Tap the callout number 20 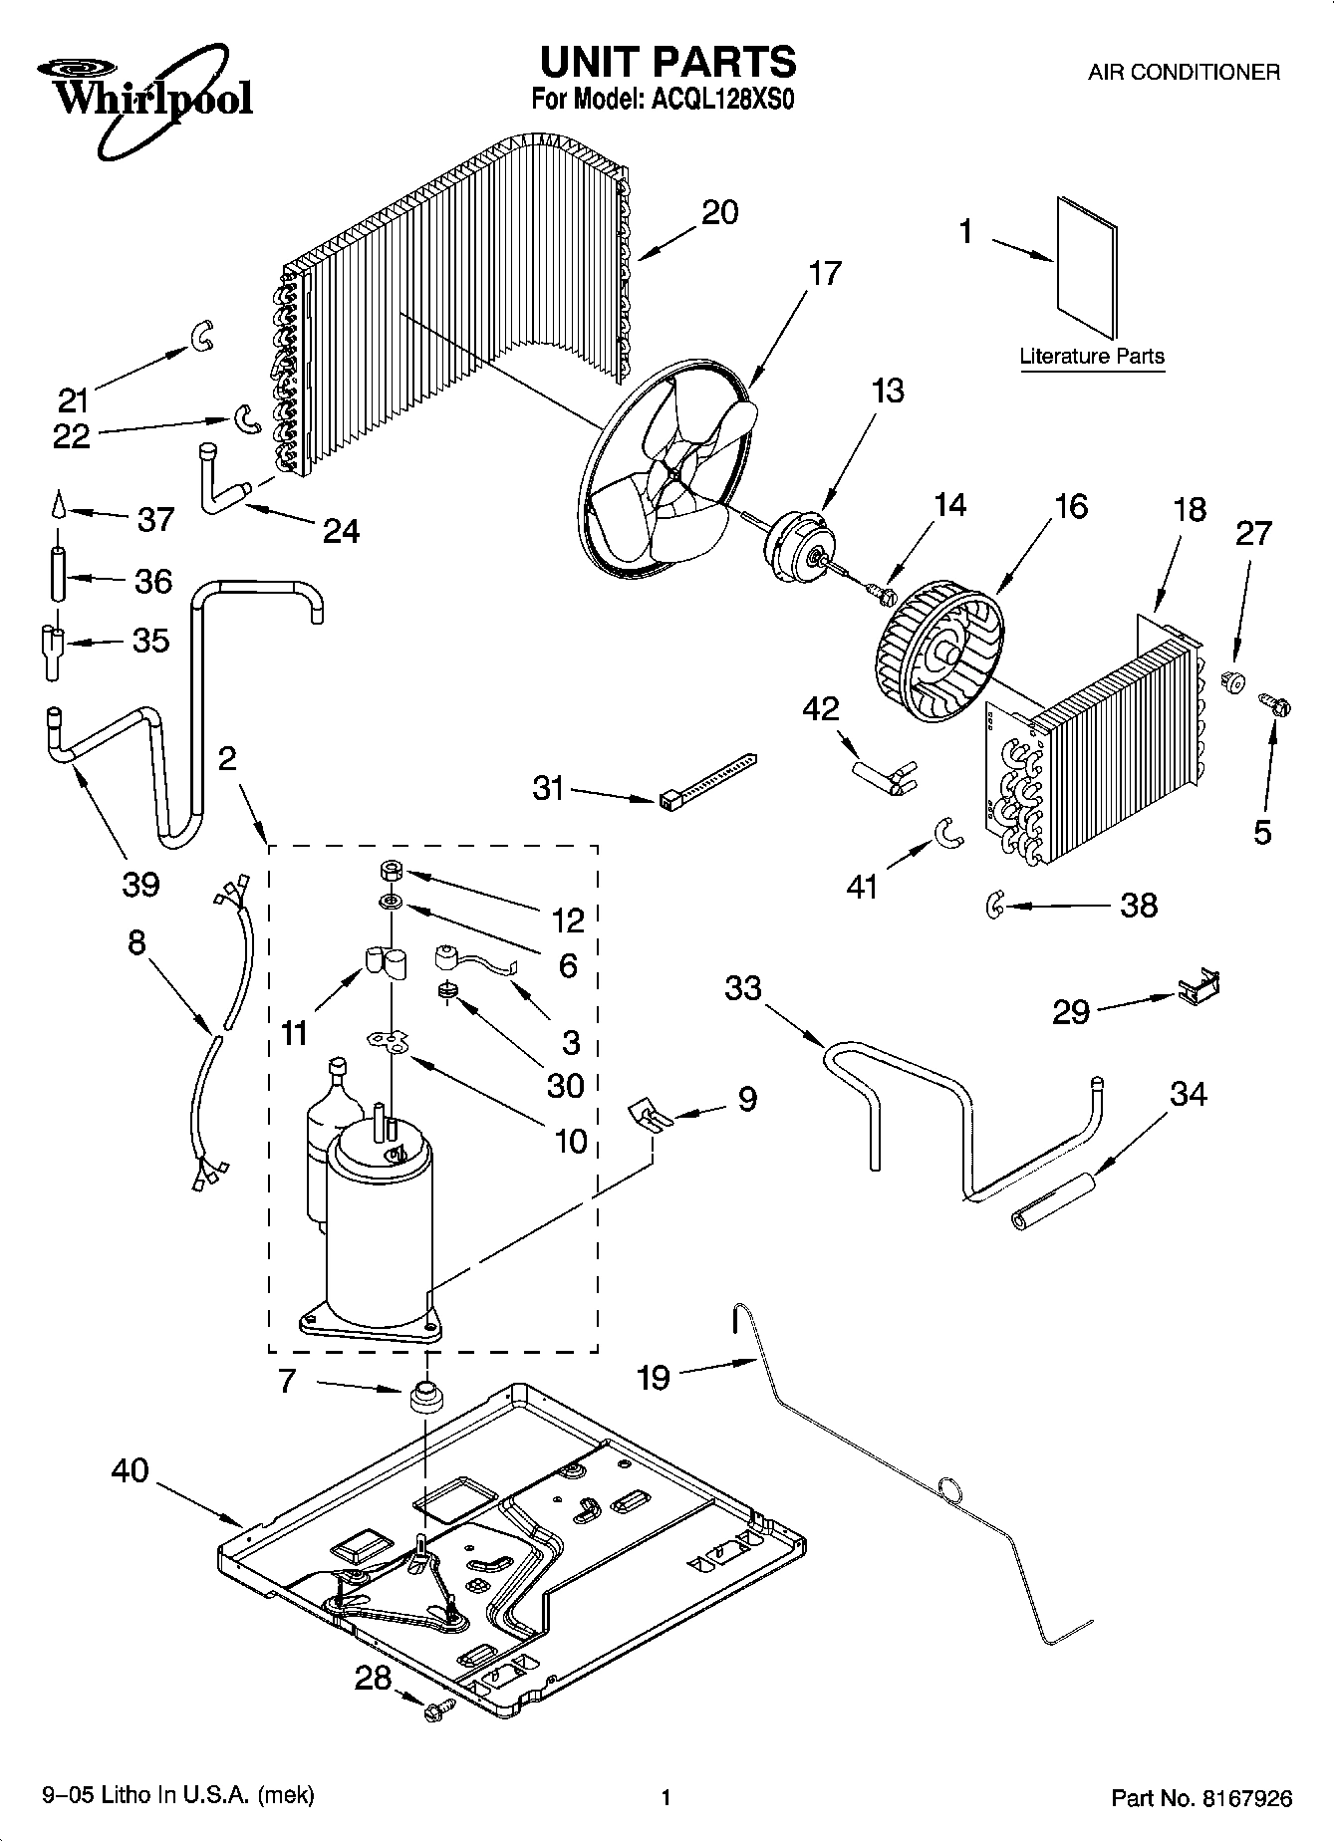[719, 212]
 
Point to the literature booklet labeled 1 [1086, 267]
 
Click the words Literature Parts [1092, 356]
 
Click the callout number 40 [131, 1470]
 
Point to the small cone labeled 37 [57, 504]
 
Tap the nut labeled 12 [390, 872]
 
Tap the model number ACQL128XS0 [715, 100]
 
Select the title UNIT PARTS [667, 62]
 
